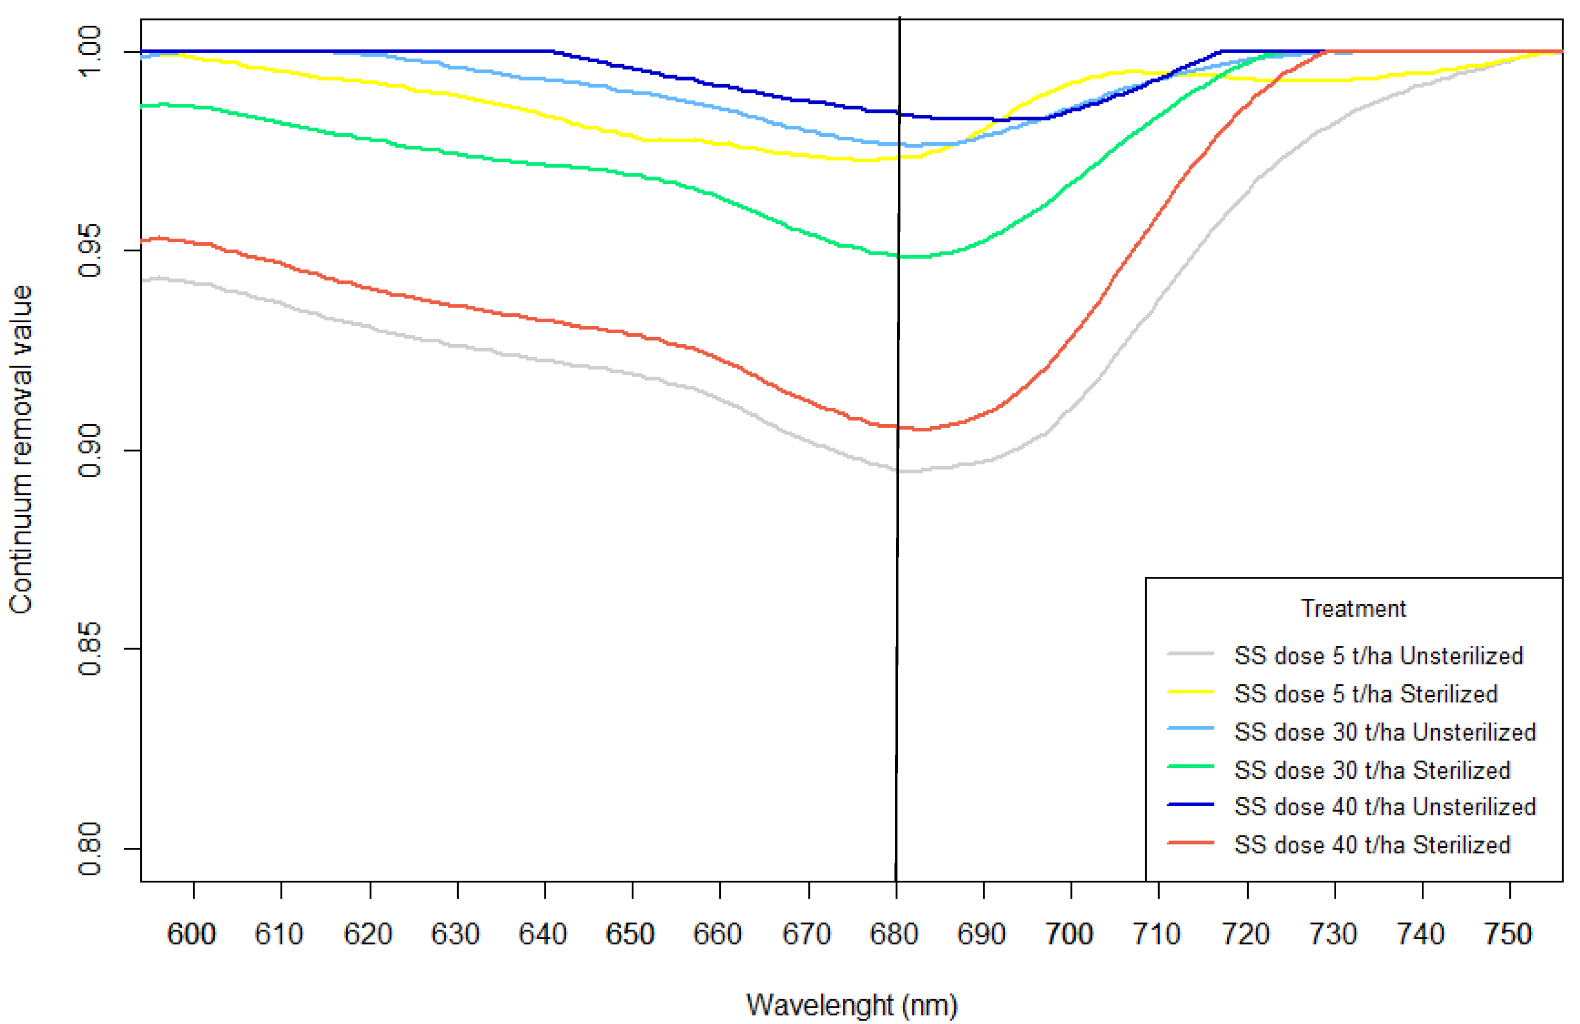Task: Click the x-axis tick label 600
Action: tap(191, 934)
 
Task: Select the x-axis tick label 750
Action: tap(1508, 934)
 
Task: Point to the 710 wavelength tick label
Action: tap(1157, 934)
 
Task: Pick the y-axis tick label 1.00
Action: tap(89, 52)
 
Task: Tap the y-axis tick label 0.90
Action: tap(89, 451)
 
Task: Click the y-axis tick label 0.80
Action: tap(89, 849)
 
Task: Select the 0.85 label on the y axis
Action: tap(89, 649)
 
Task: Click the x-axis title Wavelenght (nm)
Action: tap(852, 1005)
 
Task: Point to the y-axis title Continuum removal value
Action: tap(21, 450)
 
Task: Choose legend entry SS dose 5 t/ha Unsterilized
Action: tap(1378, 655)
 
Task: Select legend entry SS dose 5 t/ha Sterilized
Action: tap(1366, 693)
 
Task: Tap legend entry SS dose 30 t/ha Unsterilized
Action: tap(1385, 732)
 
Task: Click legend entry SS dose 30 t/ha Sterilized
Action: tap(1372, 770)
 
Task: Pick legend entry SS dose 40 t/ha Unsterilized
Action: tap(1385, 806)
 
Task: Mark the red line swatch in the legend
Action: tap(1190, 843)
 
